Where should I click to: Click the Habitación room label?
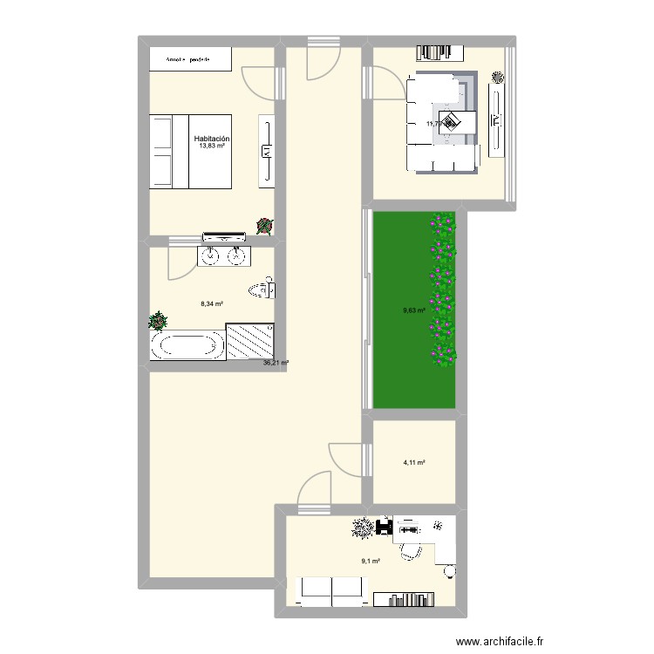(212, 139)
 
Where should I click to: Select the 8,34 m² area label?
(212, 304)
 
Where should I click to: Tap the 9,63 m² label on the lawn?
(414, 310)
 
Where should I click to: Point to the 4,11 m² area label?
(413, 463)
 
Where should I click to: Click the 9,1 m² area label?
(371, 561)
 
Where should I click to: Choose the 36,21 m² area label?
(276, 363)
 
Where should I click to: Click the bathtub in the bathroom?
(187, 344)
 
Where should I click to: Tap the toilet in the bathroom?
(262, 290)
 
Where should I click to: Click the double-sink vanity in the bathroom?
(225, 256)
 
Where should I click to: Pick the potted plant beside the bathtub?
(158, 320)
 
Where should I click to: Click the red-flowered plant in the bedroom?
(263, 226)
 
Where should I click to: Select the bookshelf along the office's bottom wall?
(415, 599)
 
